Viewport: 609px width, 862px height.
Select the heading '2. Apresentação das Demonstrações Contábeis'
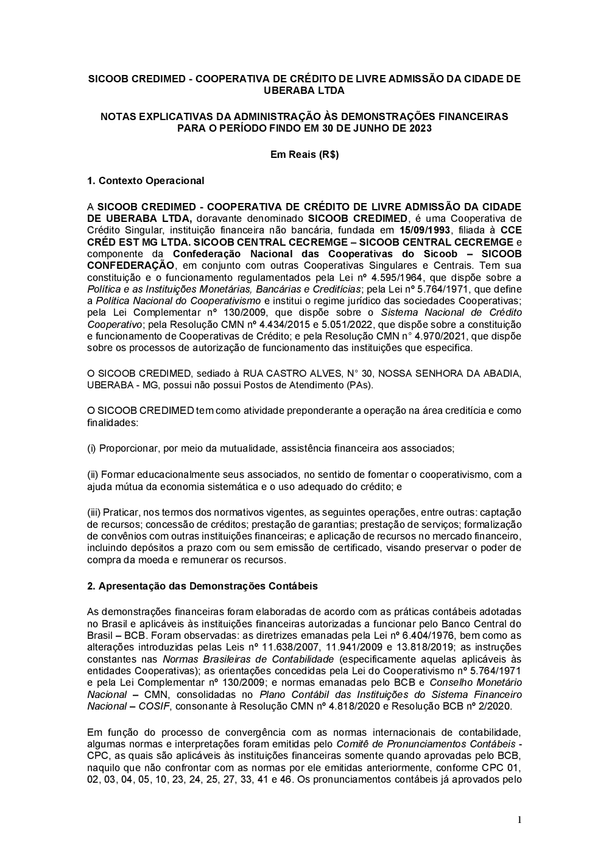click(x=202, y=586)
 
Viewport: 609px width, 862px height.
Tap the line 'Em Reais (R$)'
click(x=304, y=154)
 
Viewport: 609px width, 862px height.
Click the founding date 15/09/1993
click(x=425, y=230)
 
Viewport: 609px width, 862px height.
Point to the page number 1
click(x=519, y=820)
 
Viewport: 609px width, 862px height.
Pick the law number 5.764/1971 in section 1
click(x=424, y=289)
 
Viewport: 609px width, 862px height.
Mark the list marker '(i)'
click(x=92, y=448)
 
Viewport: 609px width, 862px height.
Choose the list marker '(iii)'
click(x=94, y=513)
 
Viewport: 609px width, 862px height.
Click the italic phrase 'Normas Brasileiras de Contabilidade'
click(x=248, y=659)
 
